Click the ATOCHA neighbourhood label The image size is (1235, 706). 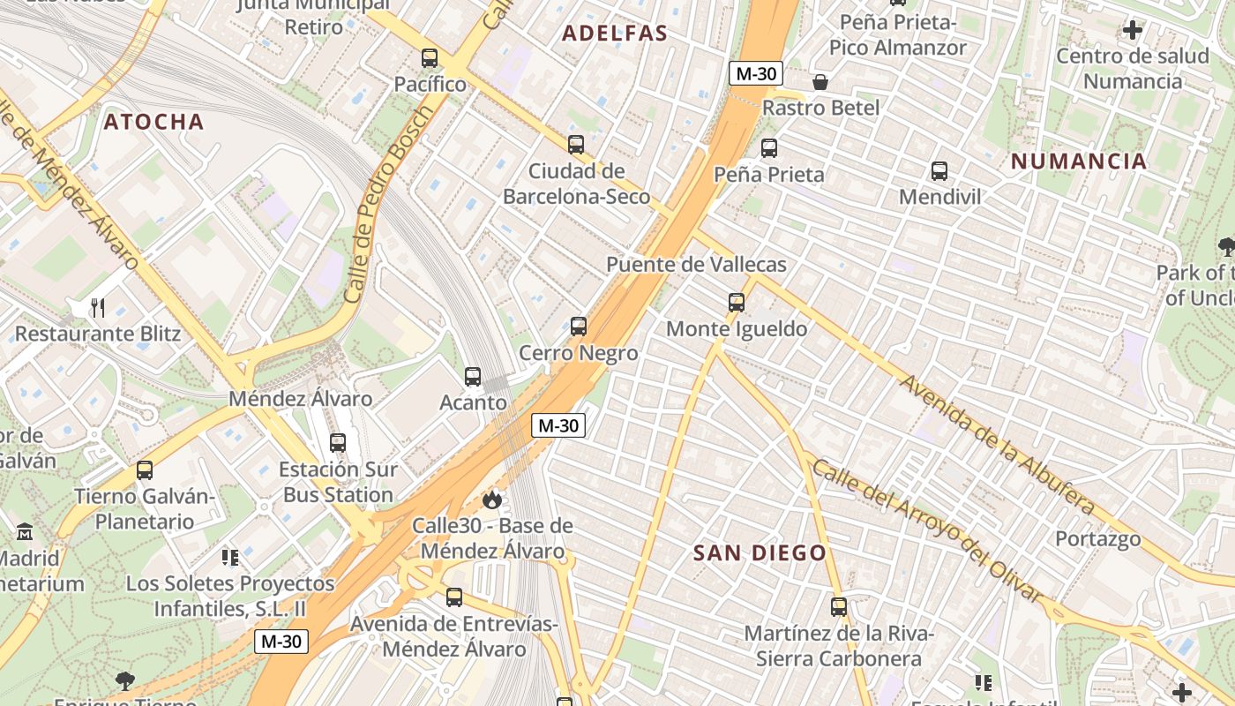coord(153,122)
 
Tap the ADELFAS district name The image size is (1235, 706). coord(615,34)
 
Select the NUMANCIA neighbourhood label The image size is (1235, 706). coord(1079,161)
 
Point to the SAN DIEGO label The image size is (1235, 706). coord(760,553)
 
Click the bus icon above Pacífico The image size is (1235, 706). coord(430,58)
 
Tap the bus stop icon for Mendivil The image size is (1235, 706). coord(939,171)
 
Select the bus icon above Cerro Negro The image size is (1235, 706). coord(579,327)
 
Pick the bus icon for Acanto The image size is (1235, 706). coord(473,377)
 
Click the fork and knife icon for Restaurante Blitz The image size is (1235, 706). coord(98,308)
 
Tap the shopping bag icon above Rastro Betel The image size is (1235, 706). coord(820,82)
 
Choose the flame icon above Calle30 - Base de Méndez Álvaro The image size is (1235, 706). coord(491,500)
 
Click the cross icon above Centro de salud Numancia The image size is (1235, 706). coord(1132,30)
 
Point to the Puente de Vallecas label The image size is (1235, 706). coord(696,264)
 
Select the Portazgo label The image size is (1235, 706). coord(1097,538)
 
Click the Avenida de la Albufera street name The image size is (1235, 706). coord(997,445)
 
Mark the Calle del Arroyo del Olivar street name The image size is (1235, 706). coord(927,530)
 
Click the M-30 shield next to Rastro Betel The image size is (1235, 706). coord(756,73)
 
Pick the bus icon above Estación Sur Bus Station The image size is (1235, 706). coord(338,443)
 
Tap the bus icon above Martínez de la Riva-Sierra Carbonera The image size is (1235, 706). coord(839,607)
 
